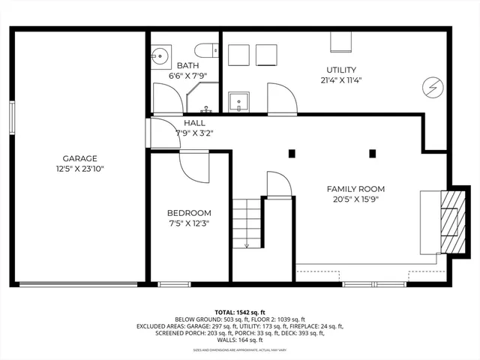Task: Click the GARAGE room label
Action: click(80, 158)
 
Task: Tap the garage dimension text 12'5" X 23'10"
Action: click(80, 169)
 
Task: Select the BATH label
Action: click(187, 65)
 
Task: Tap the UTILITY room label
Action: click(341, 70)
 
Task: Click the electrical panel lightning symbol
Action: click(433, 86)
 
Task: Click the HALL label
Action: click(193, 124)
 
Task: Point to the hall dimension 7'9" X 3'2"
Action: click(194, 133)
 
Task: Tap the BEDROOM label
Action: click(189, 212)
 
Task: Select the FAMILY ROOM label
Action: click(355, 188)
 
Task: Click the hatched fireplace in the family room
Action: click(448, 224)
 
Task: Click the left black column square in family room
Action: click(292, 154)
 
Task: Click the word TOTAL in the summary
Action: click(225, 311)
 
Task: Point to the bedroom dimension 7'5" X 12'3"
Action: click(189, 223)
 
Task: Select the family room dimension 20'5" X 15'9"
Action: click(355, 199)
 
